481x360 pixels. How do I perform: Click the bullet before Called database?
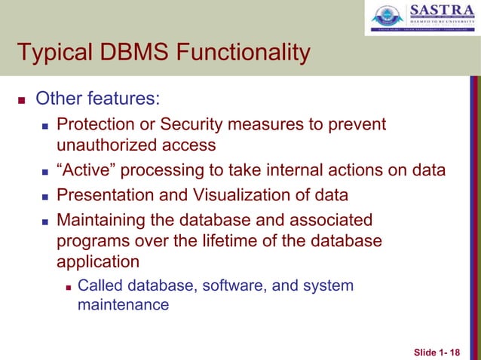pos(69,286)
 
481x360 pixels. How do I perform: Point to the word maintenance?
pos(124,305)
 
